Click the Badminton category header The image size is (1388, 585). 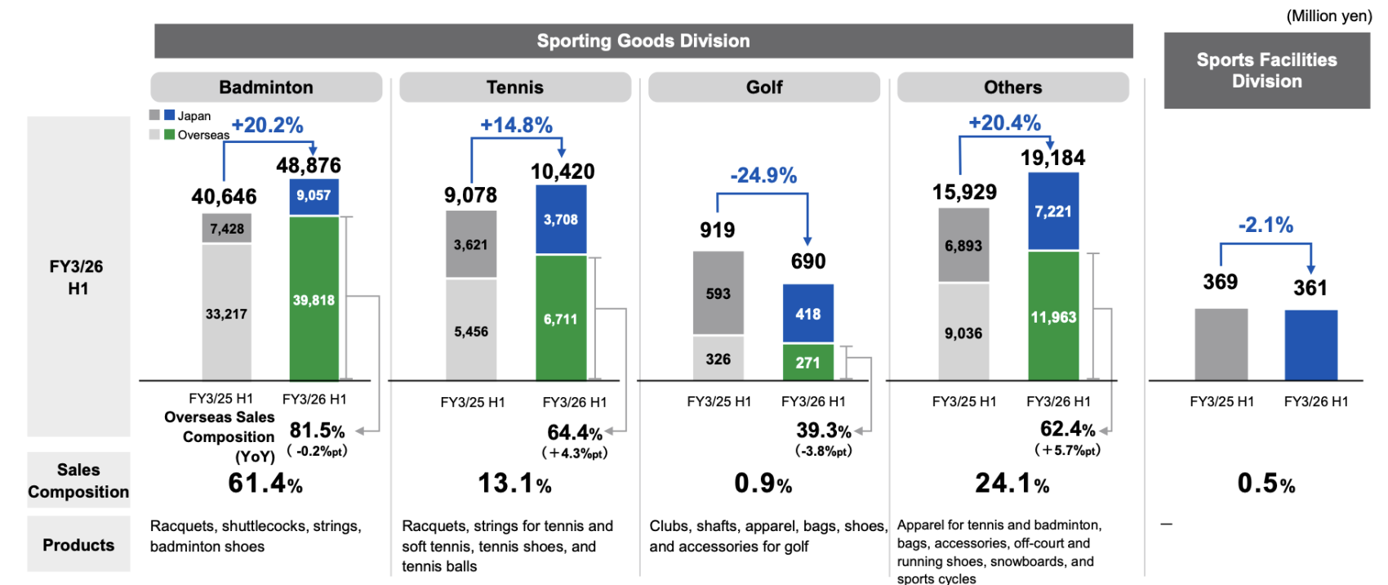(266, 87)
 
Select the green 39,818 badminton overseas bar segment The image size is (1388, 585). (314, 299)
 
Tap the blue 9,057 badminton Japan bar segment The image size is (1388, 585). (314, 196)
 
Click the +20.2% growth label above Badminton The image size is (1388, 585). (267, 125)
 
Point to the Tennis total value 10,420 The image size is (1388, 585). (563, 172)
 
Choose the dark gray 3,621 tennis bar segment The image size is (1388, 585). (471, 244)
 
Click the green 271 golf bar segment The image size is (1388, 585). (807, 362)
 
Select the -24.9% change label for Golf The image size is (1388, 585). (763, 176)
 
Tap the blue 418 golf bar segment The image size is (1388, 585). (807, 314)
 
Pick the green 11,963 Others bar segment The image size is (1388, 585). (1053, 317)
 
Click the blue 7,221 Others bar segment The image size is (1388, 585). (1053, 212)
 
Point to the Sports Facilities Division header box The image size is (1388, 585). (1266, 70)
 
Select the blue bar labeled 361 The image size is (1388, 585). (1310, 345)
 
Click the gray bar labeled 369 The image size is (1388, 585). (1221, 344)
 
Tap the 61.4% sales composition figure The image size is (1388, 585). (265, 484)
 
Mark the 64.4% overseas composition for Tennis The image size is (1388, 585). (575, 432)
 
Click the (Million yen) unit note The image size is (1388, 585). (1328, 16)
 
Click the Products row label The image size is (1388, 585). (78, 545)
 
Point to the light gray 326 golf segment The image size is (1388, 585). (718, 359)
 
